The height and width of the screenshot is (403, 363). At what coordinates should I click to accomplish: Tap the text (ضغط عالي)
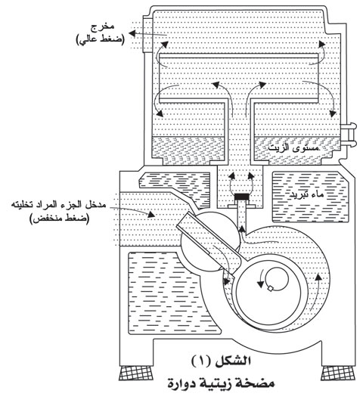(101, 40)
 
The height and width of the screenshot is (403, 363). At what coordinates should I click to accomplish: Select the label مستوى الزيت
(293, 147)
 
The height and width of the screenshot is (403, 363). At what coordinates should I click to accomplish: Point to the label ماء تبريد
(306, 194)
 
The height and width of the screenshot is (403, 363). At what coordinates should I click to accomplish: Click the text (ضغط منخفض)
(60, 219)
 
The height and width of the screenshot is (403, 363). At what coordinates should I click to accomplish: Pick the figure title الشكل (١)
(221, 361)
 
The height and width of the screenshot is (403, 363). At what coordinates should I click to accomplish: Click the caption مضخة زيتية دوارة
(221, 383)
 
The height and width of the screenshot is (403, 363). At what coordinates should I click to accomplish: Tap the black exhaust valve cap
(242, 197)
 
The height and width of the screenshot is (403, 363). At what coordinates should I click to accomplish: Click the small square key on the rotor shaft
(270, 288)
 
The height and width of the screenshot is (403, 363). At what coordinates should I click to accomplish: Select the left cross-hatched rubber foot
(135, 373)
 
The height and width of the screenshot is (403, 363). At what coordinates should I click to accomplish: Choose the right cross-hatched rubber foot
(338, 373)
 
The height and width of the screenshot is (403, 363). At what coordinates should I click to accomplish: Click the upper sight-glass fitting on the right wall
(349, 126)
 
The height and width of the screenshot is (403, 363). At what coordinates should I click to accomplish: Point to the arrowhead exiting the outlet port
(132, 33)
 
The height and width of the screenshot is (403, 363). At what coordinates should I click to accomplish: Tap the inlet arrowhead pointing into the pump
(151, 214)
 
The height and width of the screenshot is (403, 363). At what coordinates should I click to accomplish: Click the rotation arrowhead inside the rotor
(260, 284)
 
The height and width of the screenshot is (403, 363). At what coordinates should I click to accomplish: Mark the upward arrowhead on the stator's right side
(318, 277)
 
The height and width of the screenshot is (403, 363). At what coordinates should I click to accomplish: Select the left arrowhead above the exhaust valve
(232, 176)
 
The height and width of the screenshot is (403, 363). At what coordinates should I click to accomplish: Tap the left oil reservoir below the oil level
(189, 150)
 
